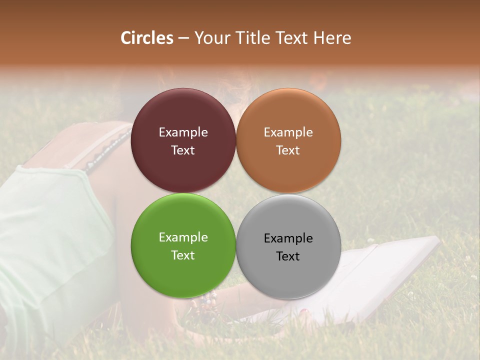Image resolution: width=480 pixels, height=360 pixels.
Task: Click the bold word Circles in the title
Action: pos(147,38)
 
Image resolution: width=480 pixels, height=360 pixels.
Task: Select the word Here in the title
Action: pos(332,38)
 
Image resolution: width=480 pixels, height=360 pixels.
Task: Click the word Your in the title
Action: pos(210,38)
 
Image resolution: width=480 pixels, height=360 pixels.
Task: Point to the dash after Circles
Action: pos(183,38)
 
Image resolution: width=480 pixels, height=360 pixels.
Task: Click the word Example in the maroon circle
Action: pos(183,132)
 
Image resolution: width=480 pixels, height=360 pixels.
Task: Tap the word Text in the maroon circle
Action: pos(183,150)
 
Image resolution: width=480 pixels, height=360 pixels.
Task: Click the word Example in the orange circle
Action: pos(288,132)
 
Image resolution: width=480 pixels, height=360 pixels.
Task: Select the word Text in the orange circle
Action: pos(288,150)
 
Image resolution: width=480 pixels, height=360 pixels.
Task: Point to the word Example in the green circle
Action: pos(183,237)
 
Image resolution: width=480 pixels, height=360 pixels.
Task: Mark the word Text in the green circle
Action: pos(183,255)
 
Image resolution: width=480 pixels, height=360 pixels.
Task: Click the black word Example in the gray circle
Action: pos(288,238)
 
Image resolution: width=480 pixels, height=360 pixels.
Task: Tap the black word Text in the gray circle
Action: pos(288,256)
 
